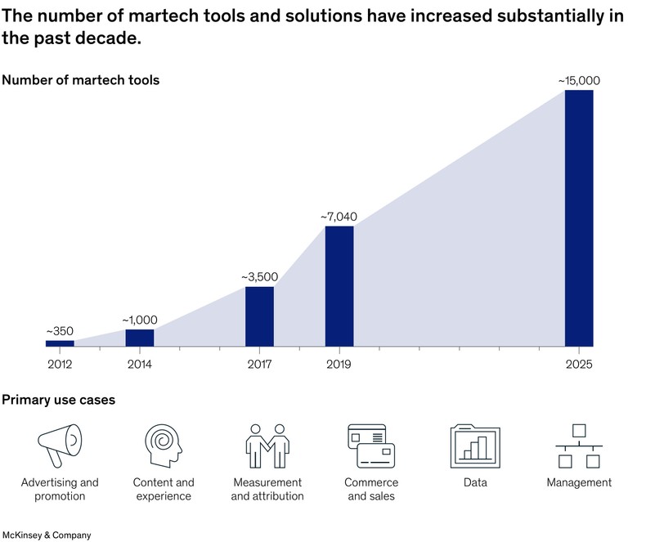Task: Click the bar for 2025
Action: (579, 218)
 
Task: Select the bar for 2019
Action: (339, 286)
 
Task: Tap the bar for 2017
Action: (259, 316)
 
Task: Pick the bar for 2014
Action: (140, 338)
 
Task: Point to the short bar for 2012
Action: (60, 343)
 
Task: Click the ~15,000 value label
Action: (579, 80)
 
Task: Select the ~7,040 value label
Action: (339, 217)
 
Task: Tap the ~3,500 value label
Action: (259, 277)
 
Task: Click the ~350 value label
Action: (60, 331)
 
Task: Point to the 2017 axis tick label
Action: (259, 365)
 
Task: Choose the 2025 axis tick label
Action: (579, 365)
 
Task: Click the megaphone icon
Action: (60, 446)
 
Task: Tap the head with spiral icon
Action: (163, 446)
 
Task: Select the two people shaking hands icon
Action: (267, 446)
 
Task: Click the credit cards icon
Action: (370, 446)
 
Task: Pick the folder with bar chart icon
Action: (475, 446)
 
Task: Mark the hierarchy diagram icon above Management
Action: (579, 446)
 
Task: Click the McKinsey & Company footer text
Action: (46, 535)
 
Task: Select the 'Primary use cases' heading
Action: (58, 400)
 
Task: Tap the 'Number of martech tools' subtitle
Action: (80, 80)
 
